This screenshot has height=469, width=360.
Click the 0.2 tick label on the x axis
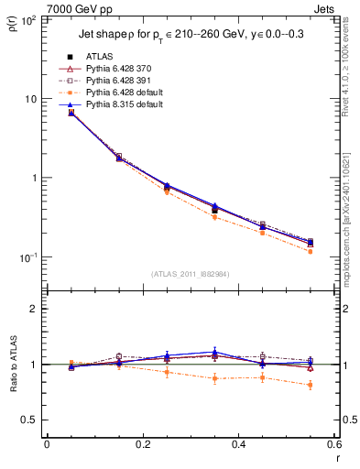tap(143, 445)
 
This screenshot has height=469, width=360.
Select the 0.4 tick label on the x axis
tap(238, 445)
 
